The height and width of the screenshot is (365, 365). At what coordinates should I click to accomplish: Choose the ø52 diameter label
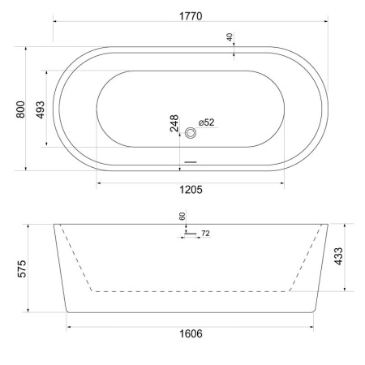(206, 122)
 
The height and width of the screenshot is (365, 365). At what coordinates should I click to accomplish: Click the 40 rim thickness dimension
(230, 37)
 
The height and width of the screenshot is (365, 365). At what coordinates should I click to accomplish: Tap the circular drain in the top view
(191, 132)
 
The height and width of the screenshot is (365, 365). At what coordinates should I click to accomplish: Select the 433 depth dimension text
(340, 257)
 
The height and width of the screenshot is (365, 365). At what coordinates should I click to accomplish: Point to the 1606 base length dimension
(190, 333)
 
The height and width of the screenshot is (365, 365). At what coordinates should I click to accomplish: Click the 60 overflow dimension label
(182, 217)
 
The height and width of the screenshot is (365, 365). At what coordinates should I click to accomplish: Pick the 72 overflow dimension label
(205, 234)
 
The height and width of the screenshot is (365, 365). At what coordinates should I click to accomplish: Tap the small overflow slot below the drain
(191, 160)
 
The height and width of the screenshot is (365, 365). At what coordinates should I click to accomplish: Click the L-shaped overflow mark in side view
(187, 234)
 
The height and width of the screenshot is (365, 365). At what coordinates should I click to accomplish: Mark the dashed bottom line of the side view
(190, 290)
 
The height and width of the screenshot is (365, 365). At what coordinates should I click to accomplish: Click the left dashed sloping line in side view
(77, 257)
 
